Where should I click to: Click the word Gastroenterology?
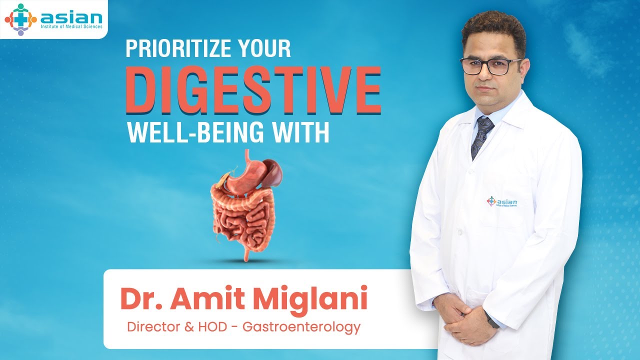[x=301, y=327]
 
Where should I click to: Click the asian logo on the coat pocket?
[x=502, y=201]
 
